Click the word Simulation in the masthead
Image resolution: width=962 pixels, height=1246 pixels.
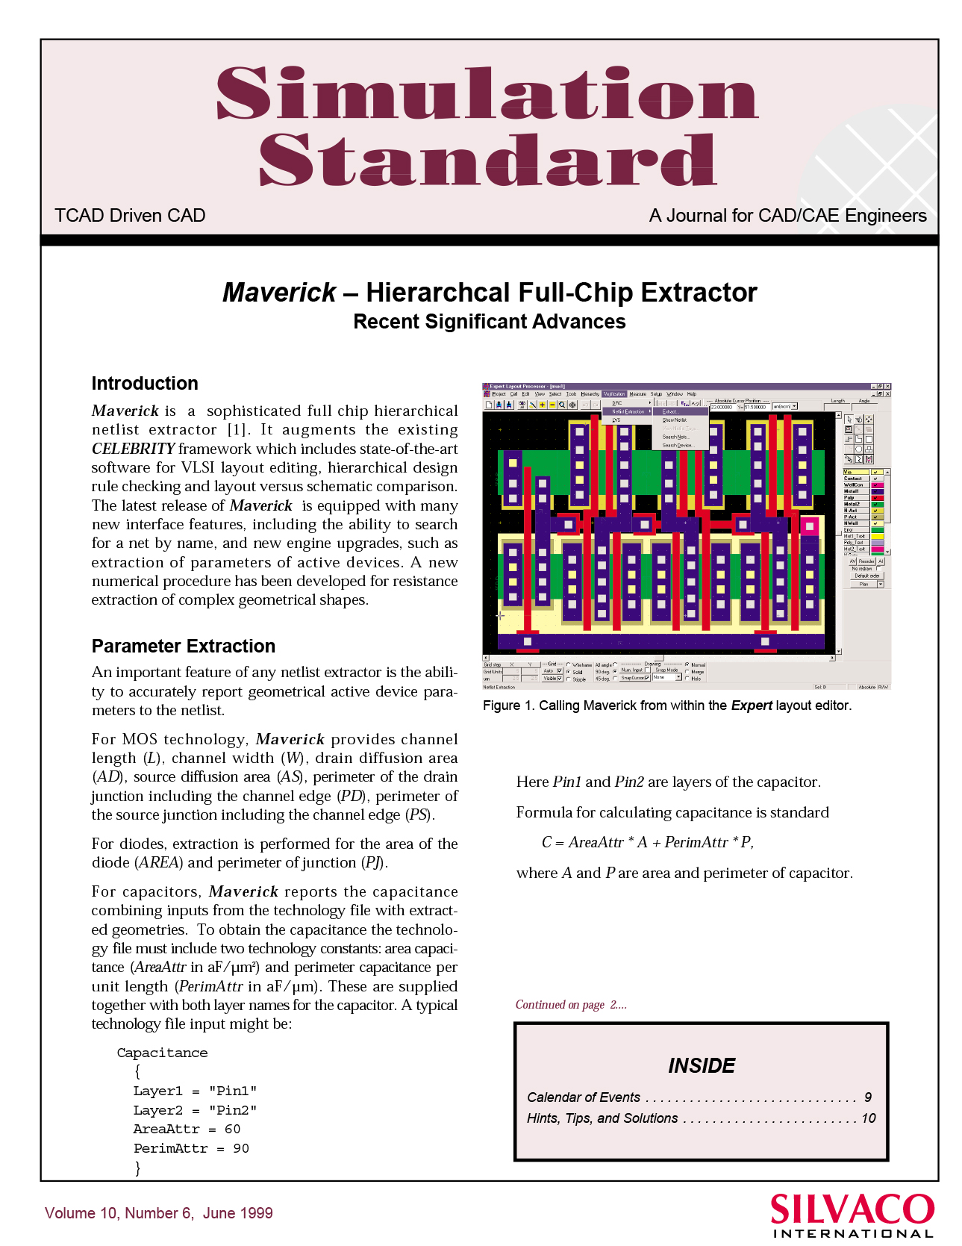coord(487,93)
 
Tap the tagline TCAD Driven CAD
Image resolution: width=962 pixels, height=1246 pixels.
coord(130,216)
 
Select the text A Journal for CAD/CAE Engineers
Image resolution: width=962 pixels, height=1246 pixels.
coord(787,216)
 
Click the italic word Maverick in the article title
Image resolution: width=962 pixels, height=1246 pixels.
coord(279,293)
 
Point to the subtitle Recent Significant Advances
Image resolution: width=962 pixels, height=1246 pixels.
coord(489,322)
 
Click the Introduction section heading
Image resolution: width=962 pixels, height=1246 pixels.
coord(145,384)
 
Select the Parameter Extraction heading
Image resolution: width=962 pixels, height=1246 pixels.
coord(184,647)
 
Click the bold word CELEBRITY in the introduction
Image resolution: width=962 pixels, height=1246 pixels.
coord(133,449)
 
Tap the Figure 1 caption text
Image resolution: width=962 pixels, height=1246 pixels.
coord(666,705)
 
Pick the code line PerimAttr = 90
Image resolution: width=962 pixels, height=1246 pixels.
coord(191,1149)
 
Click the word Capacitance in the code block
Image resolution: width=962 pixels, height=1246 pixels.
coord(162,1053)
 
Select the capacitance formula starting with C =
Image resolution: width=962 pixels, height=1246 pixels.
coord(647,843)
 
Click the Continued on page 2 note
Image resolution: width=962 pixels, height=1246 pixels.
coord(571,1005)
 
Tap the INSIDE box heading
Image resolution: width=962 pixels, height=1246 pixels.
coord(702,1066)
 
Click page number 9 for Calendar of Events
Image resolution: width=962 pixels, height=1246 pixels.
coord(868,1097)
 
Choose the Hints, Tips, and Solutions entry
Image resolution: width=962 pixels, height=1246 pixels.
coord(602,1118)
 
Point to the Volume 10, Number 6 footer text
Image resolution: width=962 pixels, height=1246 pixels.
coord(158,1213)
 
